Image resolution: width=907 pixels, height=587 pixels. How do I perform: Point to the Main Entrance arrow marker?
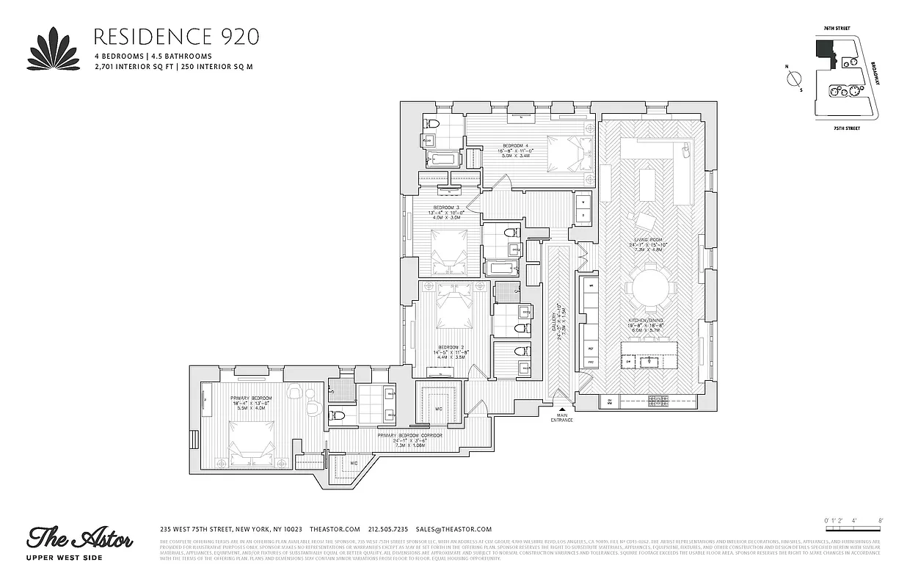[x=562, y=411]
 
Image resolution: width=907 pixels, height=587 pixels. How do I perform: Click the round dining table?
[x=649, y=287]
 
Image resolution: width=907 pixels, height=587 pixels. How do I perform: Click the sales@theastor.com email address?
[x=453, y=529]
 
